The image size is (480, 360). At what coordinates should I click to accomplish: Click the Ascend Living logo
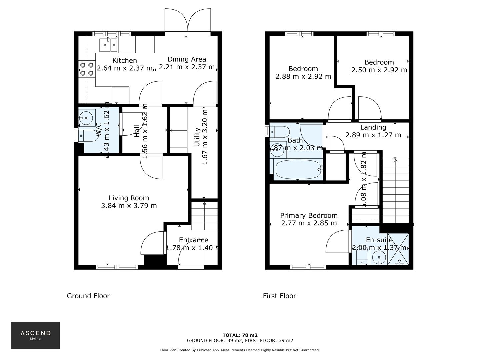point(35,335)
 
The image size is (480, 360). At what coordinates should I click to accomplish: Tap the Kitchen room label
point(124,60)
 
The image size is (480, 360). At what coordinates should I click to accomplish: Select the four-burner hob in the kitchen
point(87,69)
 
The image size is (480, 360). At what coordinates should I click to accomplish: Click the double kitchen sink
point(108,45)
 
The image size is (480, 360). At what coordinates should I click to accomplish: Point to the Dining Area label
point(187,59)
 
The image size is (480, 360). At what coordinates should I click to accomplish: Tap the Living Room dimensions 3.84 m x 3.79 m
point(129,206)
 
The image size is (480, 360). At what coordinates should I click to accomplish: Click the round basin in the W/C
point(87,117)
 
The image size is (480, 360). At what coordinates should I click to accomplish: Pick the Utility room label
point(197,137)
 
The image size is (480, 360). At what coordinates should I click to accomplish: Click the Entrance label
point(193,240)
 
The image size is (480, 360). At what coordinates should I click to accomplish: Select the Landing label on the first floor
point(373,127)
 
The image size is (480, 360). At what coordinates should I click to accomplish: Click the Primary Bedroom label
point(309,216)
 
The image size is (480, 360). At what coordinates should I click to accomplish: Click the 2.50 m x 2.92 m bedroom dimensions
point(379,70)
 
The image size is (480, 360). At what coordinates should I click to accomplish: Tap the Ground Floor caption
point(88,296)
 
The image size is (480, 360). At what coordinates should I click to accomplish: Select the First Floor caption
point(279,296)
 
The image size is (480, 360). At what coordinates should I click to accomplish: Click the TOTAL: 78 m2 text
point(240,335)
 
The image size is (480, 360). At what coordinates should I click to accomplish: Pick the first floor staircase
point(395,190)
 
